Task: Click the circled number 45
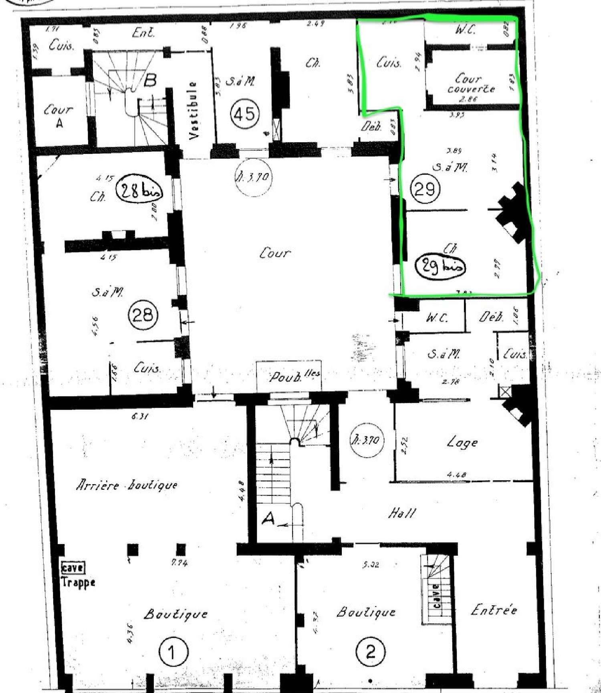tap(244, 114)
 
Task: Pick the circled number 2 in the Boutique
tap(370, 652)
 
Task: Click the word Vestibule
tap(194, 110)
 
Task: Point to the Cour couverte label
tap(470, 83)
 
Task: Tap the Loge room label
tap(462, 443)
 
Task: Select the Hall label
tap(402, 513)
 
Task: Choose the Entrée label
tap(494, 611)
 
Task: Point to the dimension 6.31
tap(139, 417)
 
